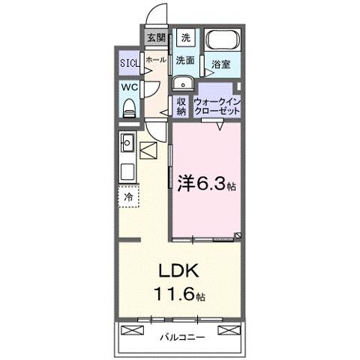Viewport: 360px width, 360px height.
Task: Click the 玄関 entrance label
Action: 156,37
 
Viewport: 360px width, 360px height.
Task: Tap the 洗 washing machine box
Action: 185,37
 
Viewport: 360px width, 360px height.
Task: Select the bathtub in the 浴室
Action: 221,41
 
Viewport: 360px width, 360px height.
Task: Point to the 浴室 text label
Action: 220,65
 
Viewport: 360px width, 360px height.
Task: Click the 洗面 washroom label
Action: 185,59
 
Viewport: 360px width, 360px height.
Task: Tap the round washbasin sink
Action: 182,82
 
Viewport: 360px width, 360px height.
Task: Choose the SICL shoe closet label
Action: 129,63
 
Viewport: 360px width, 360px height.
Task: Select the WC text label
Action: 129,87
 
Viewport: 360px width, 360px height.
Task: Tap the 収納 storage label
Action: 181,106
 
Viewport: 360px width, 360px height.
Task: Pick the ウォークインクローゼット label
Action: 217,106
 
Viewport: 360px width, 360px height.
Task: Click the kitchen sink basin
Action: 127,141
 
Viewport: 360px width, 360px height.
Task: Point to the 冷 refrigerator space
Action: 128,197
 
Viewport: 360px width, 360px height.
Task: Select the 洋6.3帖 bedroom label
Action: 206,182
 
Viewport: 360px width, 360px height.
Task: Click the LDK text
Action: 173,271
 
